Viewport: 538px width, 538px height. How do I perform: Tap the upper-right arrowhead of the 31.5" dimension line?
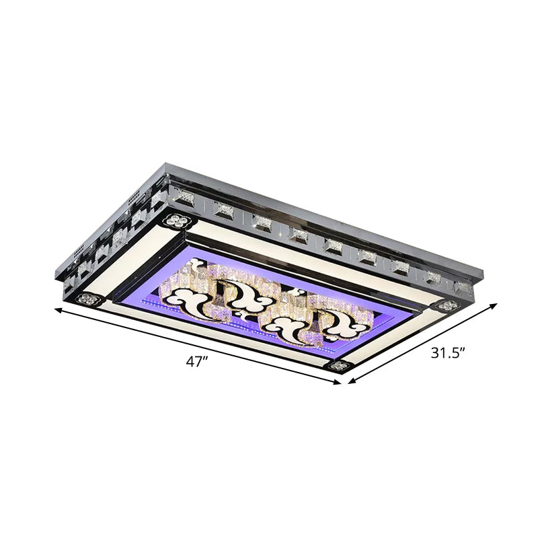(499, 303)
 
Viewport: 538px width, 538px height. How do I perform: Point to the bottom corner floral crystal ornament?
(338, 367)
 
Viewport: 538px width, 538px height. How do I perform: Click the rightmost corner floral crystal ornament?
(444, 306)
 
